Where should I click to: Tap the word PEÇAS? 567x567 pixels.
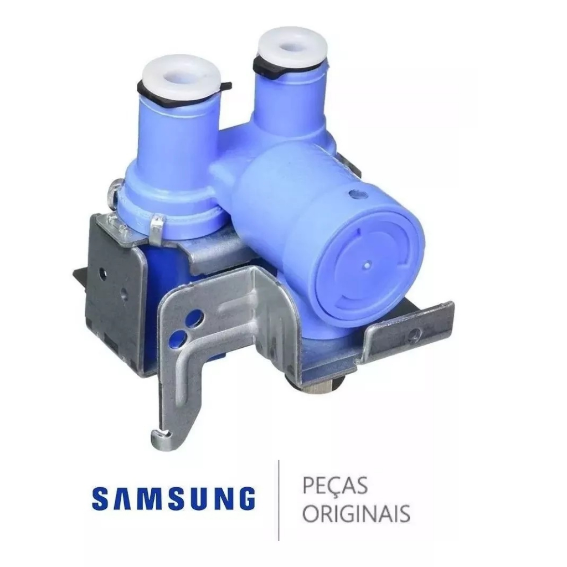(335, 486)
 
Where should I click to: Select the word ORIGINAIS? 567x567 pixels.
(356, 513)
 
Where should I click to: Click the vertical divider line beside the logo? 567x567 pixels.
(279, 501)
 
